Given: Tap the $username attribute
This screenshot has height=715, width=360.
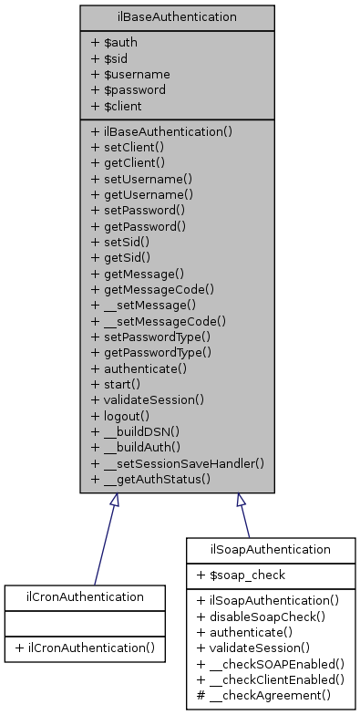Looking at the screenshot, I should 130,74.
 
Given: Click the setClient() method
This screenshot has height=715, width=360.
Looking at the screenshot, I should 128,146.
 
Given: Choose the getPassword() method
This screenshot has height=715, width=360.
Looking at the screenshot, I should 139,225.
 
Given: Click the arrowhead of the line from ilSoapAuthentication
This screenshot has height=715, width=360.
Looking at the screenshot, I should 241,501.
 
